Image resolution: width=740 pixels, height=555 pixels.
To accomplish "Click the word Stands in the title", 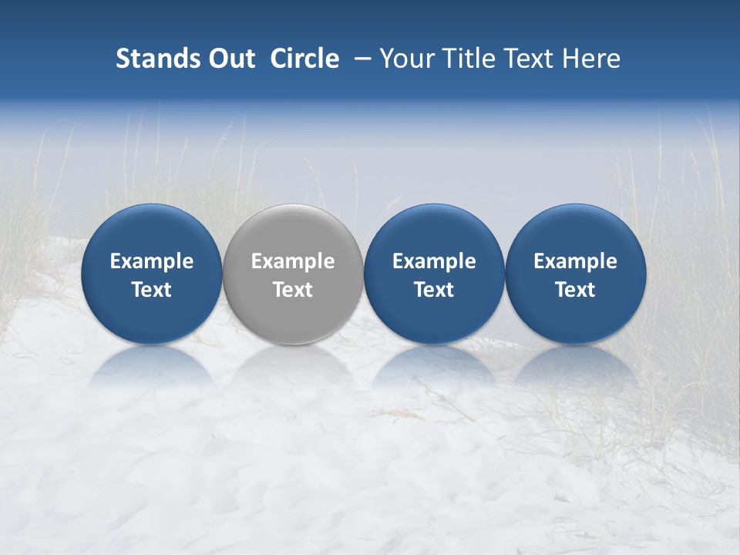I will pos(157,59).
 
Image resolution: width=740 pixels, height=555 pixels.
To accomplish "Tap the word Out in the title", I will pos(230,59).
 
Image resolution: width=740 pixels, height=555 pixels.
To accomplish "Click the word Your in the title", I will pos(405,59).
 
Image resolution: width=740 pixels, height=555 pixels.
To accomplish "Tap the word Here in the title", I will pos(592,59).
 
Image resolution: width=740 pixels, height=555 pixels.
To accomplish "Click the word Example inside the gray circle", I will pos(293,261).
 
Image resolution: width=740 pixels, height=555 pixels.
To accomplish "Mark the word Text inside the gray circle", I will pos(293,290).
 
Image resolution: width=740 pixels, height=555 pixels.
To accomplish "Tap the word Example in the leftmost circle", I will pos(151,261).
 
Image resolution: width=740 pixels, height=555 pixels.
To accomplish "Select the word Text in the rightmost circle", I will pos(576,290).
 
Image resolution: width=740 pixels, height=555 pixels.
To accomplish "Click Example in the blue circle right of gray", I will pos(434,261).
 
